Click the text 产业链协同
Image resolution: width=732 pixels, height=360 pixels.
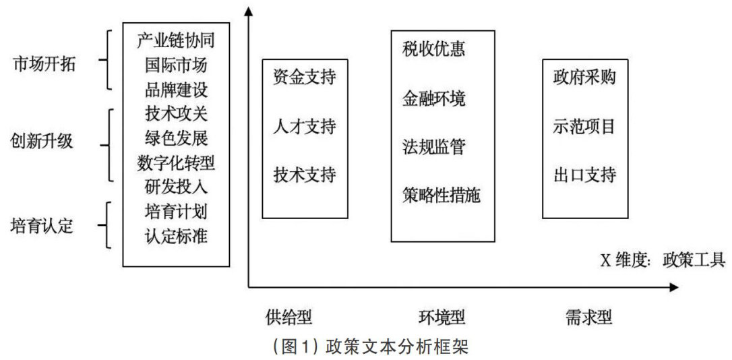click(x=176, y=41)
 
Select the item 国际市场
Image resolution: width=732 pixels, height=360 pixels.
click(x=176, y=65)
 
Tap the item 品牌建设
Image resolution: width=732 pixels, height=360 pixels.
click(x=176, y=89)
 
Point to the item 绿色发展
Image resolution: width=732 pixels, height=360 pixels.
click(x=176, y=138)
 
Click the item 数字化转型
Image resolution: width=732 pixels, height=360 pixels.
click(x=176, y=162)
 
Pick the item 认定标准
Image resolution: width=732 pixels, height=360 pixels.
click(x=176, y=236)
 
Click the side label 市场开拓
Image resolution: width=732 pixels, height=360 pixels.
click(x=44, y=65)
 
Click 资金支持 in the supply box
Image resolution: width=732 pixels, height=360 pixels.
click(x=305, y=76)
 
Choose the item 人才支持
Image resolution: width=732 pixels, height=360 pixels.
click(x=305, y=126)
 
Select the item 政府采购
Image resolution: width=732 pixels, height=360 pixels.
click(x=580, y=76)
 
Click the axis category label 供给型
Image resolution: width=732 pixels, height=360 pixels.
click(x=289, y=317)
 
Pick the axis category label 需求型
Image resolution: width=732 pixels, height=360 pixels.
click(x=589, y=317)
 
